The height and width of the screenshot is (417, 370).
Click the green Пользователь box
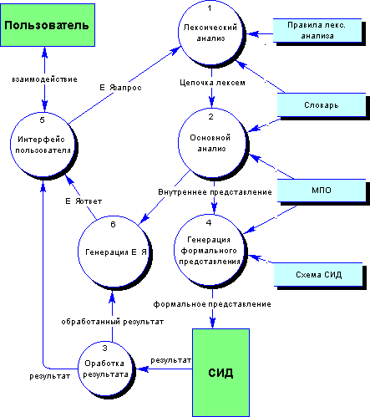(x=48, y=25)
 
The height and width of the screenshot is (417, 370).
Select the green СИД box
(x=220, y=373)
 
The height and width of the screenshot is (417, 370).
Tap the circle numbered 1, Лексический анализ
(x=211, y=33)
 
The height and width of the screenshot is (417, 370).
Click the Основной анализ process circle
(x=212, y=143)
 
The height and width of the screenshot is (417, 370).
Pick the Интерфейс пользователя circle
(x=43, y=145)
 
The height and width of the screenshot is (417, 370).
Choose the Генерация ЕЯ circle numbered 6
(x=114, y=252)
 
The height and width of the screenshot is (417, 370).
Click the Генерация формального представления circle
(x=210, y=252)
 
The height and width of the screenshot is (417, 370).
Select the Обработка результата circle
(x=106, y=369)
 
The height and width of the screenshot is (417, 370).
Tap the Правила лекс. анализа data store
(x=317, y=31)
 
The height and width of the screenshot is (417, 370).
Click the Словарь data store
(x=322, y=105)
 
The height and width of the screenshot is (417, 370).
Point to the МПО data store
(x=322, y=191)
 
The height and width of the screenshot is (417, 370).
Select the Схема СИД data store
(x=318, y=275)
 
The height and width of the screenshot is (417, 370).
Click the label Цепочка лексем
(x=212, y=83)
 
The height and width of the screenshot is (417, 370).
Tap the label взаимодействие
(x=44, y=79)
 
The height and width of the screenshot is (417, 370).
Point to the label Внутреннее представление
(x=215, y=192)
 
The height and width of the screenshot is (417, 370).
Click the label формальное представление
(x=212, y=304)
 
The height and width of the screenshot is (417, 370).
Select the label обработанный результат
(x=113, y=322)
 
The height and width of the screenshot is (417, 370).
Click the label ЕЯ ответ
(x=84, y=201)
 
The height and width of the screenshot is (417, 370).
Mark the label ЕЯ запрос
(x=120, y=88)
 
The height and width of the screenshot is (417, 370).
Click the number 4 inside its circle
(x=209, y=222)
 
